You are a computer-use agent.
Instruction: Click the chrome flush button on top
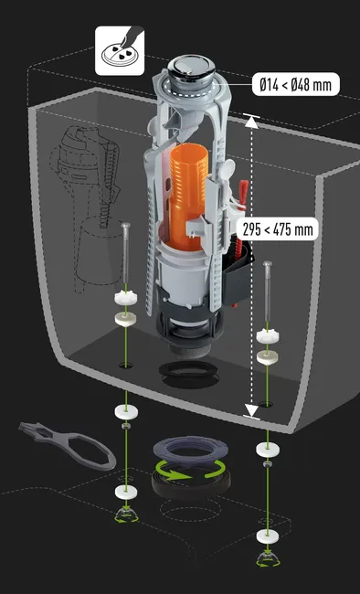tap(191, 70)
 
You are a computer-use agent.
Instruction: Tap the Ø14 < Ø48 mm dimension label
tap(295, 84)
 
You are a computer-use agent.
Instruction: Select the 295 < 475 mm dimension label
tap(278, 229)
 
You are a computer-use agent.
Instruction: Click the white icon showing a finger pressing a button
tap(120, 50)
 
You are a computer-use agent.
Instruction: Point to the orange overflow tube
tap(187, 193)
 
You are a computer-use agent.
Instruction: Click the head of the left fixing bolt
tap(126, 226)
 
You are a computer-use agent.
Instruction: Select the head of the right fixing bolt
tap(268, 264)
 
